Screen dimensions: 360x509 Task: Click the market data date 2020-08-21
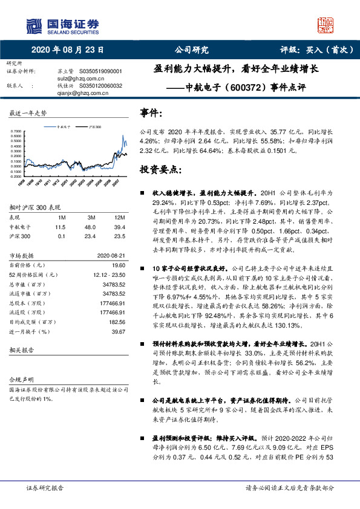coord(111,255)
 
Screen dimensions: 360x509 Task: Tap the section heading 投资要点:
coord(161,169)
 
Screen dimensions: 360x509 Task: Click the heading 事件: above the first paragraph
coord(151,112)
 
